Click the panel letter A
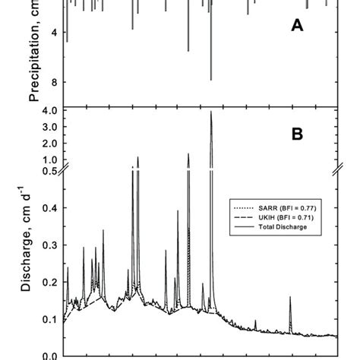[298, 27]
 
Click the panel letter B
[298, 134]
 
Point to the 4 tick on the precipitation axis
[53, 33]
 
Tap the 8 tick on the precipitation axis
[53, 82]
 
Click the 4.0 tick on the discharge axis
[50, 111]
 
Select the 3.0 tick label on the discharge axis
[50, 128]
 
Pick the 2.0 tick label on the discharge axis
[50, 144]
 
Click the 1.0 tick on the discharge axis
[50, 160]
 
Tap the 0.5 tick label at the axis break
[50, 171]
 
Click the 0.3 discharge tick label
[50, 245]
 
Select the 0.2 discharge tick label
[50, 282]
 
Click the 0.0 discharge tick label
[50, 355]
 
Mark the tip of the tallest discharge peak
[211, 112]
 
